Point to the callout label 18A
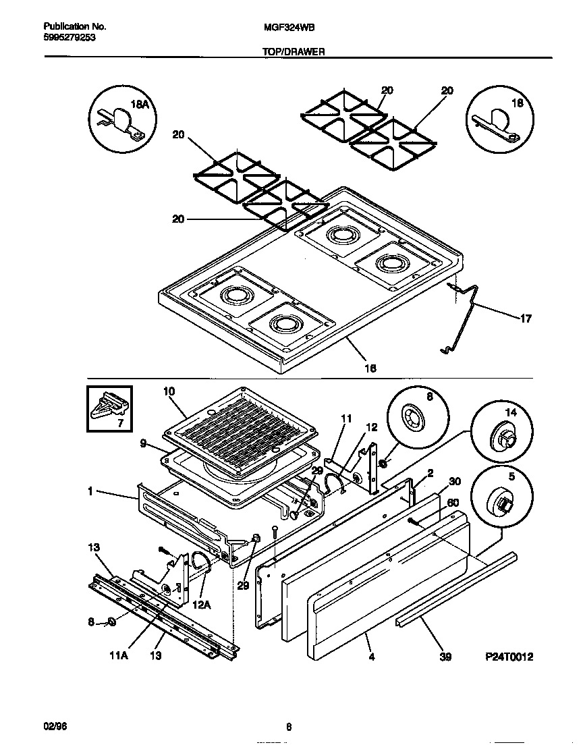pos(138,104)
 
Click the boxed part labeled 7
pos(109,408)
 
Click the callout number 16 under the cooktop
pos(369,368)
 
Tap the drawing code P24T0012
pos(509,656)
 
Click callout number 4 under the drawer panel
pos(371,656)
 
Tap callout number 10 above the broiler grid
pos(169,391)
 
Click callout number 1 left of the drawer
pos(89,492)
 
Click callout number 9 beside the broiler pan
pos(144,445)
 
